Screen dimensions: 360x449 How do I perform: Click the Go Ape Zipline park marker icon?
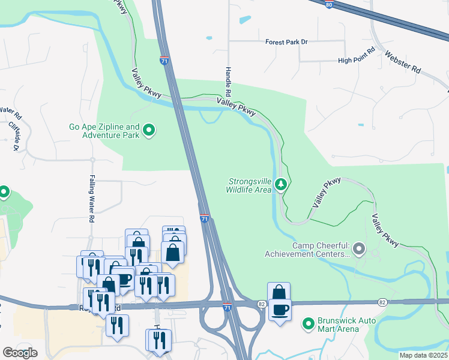(149, 130)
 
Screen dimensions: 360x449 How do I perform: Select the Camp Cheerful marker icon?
(359, 248)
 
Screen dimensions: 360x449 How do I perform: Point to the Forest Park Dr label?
(286, 42)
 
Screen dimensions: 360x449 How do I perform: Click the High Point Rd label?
(357, 60)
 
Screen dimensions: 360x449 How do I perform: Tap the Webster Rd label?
(408, 61)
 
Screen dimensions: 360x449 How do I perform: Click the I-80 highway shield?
(328, 4)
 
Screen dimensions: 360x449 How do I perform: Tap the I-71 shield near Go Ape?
(164, 60)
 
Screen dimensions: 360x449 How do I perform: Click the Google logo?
(20, 353)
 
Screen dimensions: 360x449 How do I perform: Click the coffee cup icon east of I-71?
(279, 310)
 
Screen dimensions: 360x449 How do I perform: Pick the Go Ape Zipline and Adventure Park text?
(104, 131)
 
